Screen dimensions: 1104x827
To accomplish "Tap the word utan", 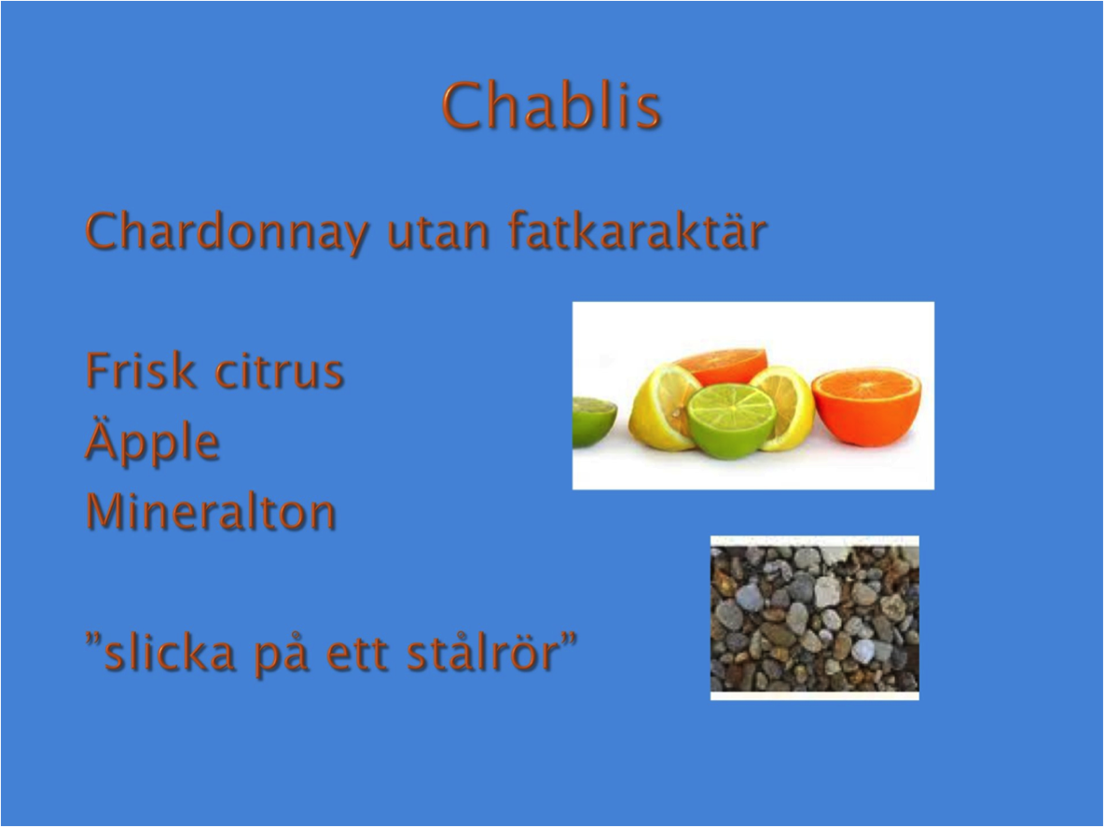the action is click(437, 232).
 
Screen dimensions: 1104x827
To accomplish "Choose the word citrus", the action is click(279, 371).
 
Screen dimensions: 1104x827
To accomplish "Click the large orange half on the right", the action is click(867, 408).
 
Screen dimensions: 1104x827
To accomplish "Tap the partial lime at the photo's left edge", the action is click(593, 420).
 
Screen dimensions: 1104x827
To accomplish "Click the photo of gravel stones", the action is click(815, 618).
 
